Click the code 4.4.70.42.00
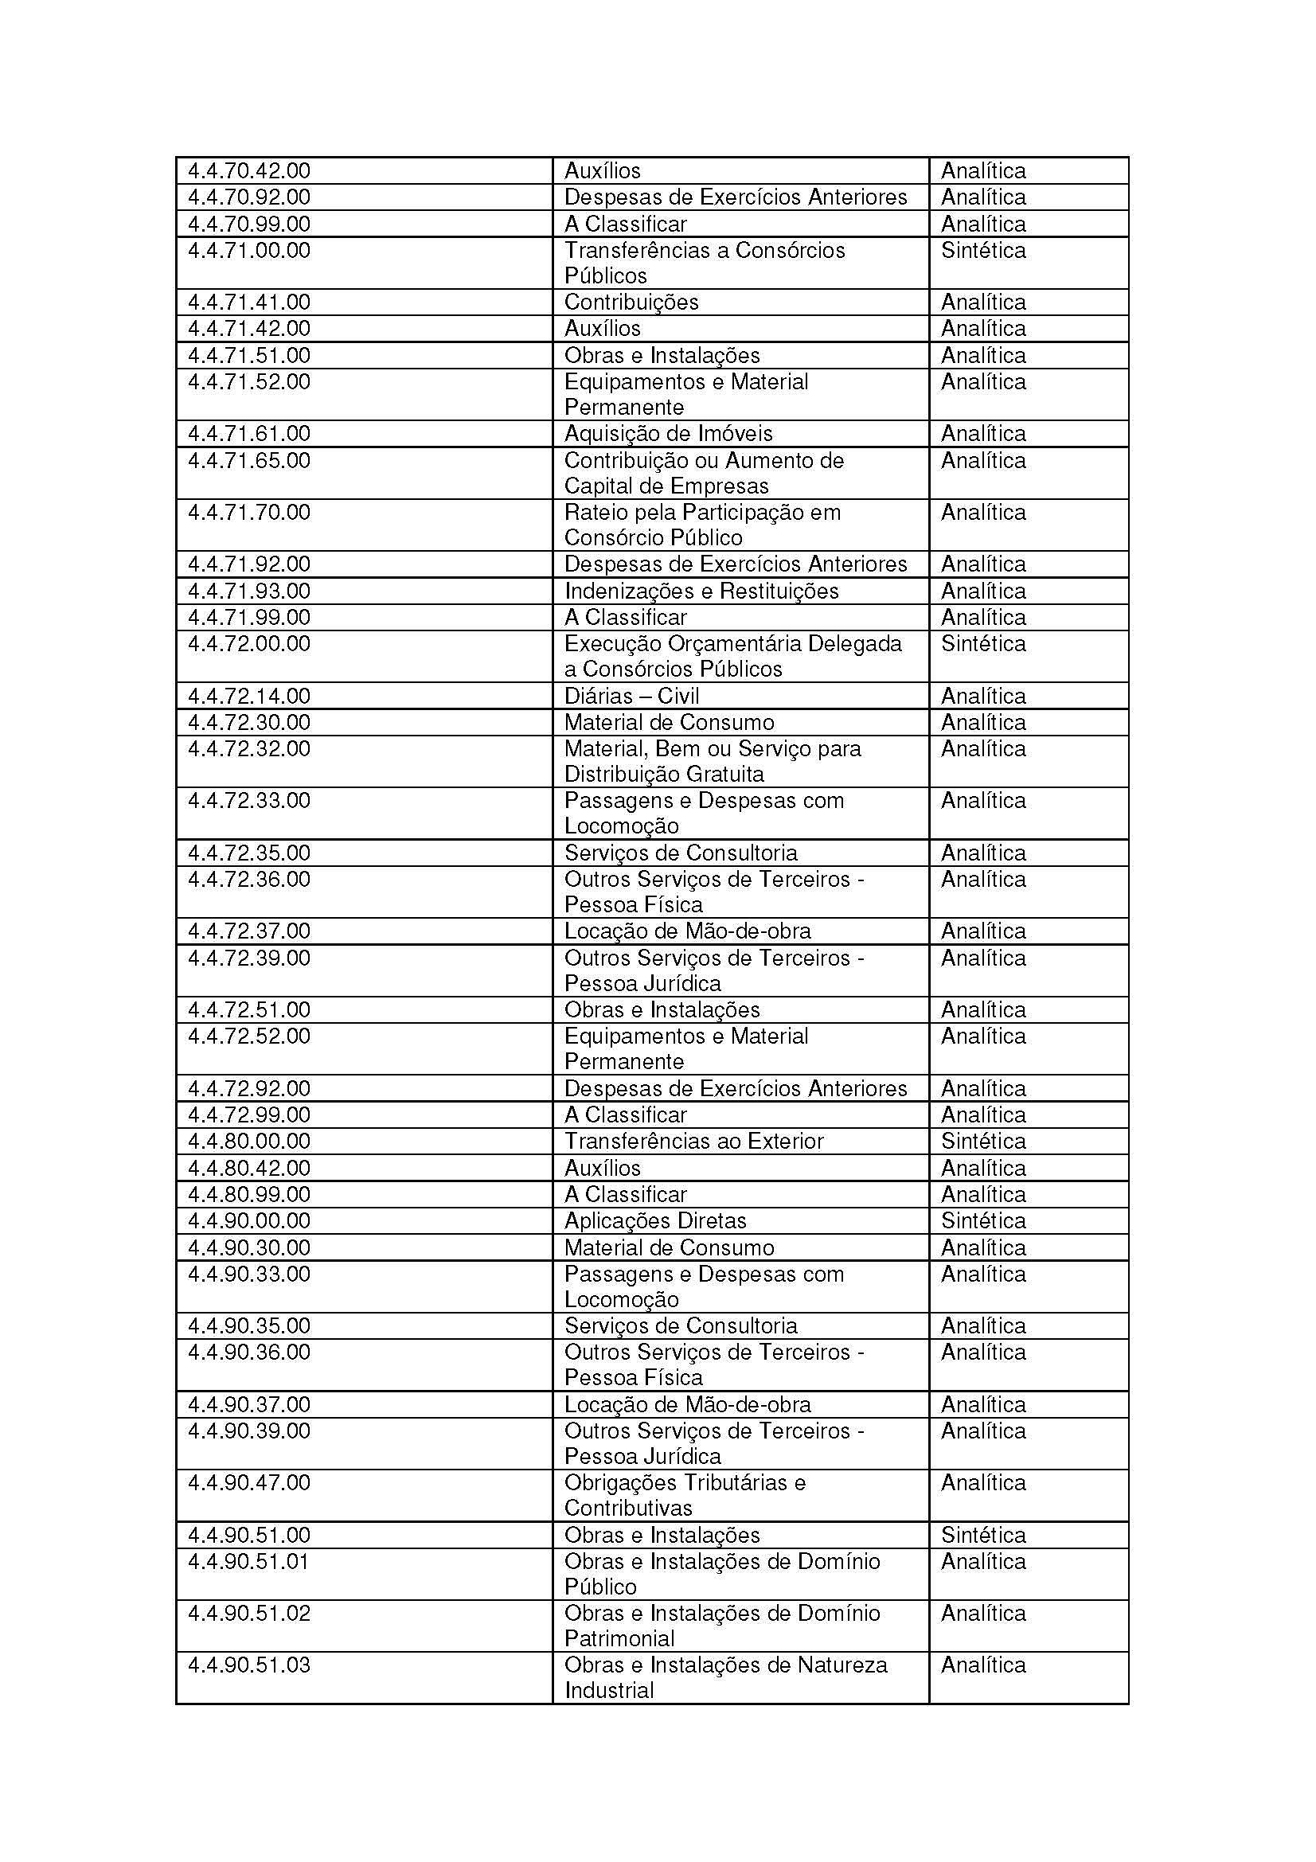coord(249,170)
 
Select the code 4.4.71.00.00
coord(249,250)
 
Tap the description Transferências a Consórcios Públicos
coord(704,263)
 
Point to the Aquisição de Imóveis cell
coord(668,433)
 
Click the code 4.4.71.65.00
coord(249,461)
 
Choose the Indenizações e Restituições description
coord(701,591)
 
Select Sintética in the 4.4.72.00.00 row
coord(982,643)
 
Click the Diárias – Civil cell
coord(631,696)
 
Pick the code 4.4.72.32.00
coord(249,748)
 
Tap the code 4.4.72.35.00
coord(249,853)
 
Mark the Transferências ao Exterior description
coord(693,1141)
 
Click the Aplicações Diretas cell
coord(655,1220)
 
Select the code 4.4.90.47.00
coord(249,1482)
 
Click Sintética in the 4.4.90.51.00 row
coord(982,1535)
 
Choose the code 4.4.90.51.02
coord(249,1613)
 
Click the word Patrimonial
coord(619,1638)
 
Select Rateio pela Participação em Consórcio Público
coord(702,525)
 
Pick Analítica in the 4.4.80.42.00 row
coord(982,1168)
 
